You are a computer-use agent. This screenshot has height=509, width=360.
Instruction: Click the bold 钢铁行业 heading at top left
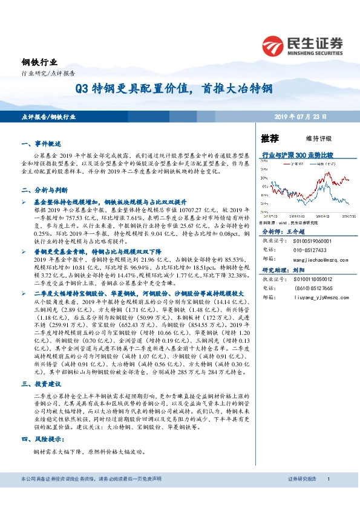pyautogui.click(x=37, y=63)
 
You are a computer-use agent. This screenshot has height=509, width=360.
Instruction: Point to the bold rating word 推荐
pyautogui.click(x=270, y=138)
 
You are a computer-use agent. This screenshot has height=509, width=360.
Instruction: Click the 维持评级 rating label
pyautogui.click(x=308, y=138)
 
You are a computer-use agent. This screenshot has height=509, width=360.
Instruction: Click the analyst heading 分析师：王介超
pyautogui.click(x=284, y=232)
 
